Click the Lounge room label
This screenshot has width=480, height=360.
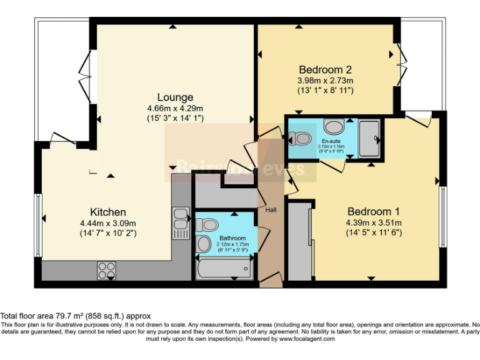click(175, 97)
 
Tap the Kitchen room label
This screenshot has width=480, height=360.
click(108, 212)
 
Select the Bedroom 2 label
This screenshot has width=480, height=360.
click(325, 69)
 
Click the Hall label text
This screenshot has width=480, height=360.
click(272, 209)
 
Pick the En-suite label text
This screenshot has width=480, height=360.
click(331, 141)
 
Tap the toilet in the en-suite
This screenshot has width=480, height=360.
click(303, 138)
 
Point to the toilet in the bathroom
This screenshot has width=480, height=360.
click(207, 224)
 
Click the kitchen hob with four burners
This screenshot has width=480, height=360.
click(106, 271)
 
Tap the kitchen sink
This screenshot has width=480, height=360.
click(181, 219)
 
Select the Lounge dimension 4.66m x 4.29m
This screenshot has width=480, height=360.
click(175, 108)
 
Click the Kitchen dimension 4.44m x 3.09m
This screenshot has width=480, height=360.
click(108, 223)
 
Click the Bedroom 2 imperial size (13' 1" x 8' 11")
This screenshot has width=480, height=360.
click(326, 90)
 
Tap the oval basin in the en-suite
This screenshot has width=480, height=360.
click(334, 127)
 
